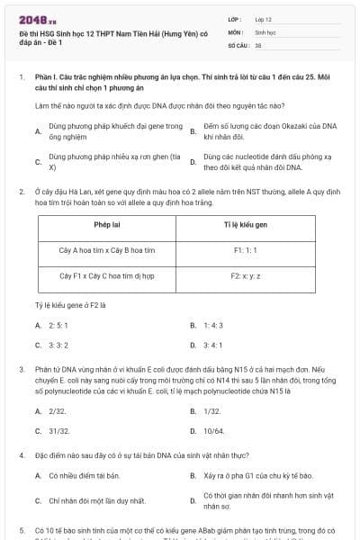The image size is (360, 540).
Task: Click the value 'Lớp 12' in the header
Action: coord(264,19)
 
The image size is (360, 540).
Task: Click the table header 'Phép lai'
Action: coord(106,223)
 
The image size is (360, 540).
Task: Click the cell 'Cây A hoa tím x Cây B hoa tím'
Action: coord(106,248)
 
